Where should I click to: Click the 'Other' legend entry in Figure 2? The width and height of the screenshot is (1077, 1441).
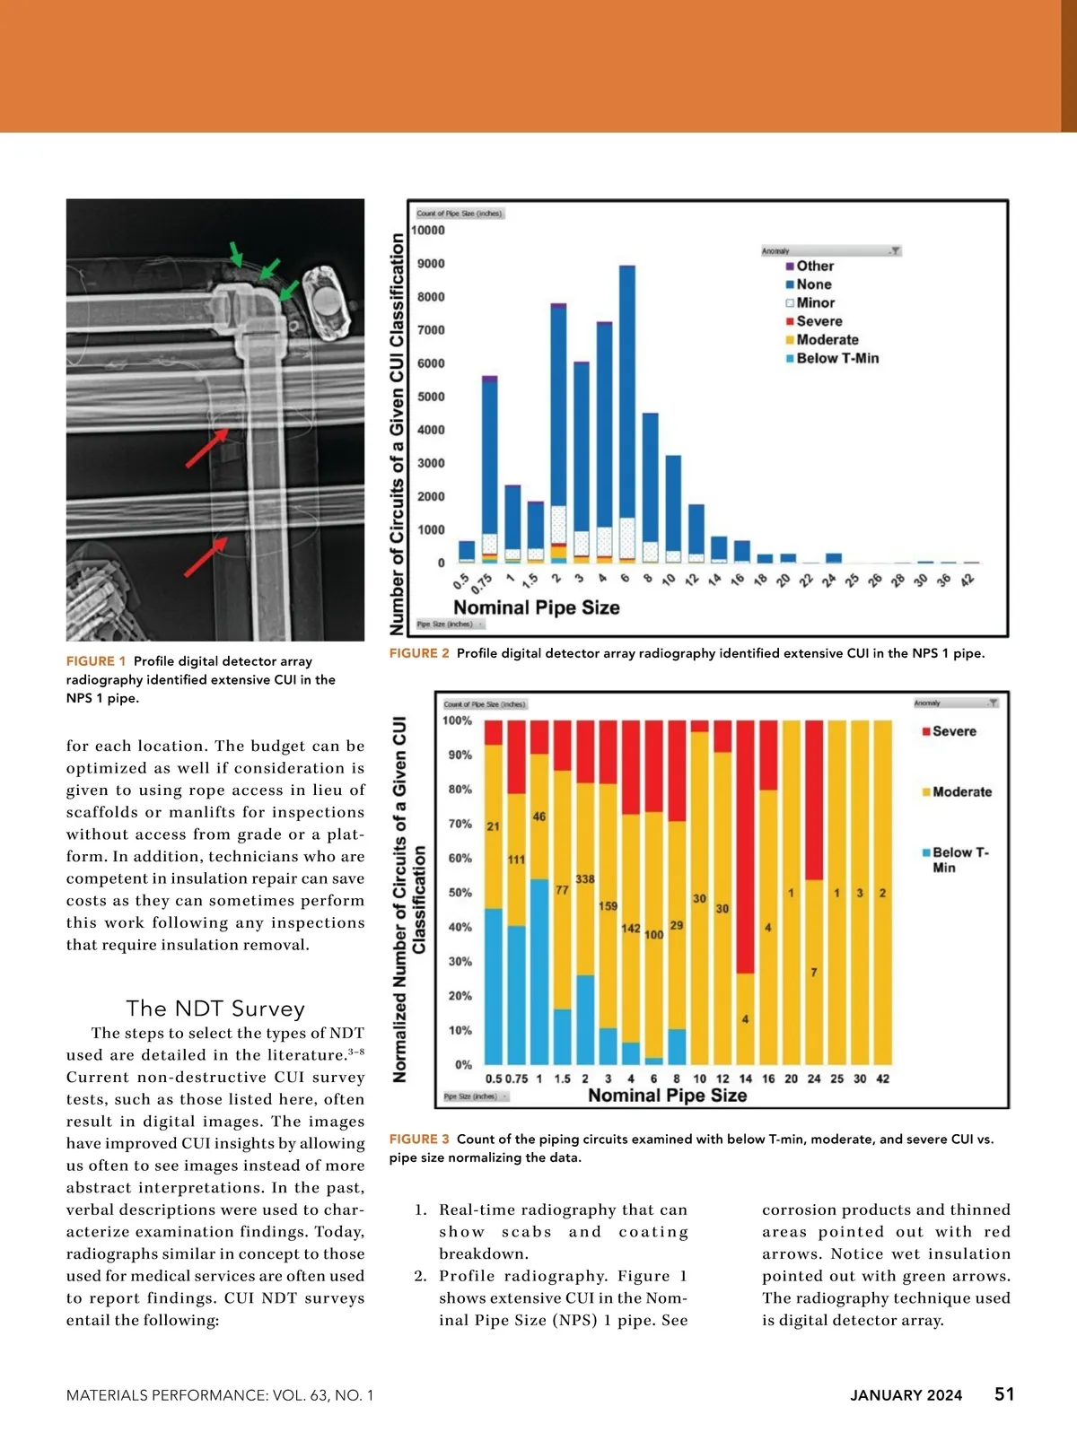(x=814, y=266)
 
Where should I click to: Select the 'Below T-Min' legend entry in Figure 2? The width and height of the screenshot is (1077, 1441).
(x=836, y=358)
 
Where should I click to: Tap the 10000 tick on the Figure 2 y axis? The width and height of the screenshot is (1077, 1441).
(x=428, y=231)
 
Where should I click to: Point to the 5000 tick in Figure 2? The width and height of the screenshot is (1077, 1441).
(x=431, y=397)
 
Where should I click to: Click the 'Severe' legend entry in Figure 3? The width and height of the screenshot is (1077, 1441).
(x=953, y=731)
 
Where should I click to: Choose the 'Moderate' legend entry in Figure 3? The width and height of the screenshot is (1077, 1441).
(x=961, y=792)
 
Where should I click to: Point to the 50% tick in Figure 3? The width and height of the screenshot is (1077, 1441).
(x=460, y=893)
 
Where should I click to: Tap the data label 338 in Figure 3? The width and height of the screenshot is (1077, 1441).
(x=585, y=879)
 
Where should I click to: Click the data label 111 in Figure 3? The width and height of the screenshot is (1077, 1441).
(x=516, y=860)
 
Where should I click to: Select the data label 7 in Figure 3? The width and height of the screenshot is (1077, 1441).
(x=814, y=973)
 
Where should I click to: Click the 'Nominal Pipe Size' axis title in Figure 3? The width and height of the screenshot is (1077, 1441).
(x=667, y=1096)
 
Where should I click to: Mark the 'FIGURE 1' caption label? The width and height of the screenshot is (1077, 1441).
(x=96, y=661)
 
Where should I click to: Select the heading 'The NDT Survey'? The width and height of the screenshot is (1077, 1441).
(x=215, y=1009)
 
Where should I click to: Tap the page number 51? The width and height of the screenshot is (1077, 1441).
(x=1004, y=1394)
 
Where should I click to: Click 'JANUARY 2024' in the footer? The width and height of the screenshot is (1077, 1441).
(x=906, y=1395)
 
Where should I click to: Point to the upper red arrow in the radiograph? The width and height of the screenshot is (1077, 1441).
(x=206, y=448)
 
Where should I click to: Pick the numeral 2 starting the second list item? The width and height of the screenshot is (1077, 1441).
(x=419, y=1277)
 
